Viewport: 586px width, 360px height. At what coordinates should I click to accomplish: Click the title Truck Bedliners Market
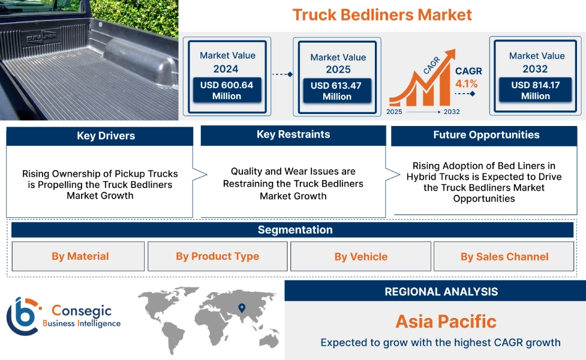(382, 15)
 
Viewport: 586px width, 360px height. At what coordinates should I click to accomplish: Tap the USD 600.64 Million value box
(227, 91)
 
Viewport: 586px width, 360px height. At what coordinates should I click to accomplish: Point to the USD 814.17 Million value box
(535, 91)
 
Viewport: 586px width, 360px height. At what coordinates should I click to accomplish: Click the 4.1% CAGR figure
(467, 84)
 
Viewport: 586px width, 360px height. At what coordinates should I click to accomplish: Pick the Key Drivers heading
(100, 136)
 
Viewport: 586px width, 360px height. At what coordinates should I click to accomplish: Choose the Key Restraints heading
(293, 135)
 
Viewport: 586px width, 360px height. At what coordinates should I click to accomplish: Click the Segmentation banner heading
(294, 230)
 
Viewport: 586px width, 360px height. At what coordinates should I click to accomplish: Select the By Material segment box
(80, 256)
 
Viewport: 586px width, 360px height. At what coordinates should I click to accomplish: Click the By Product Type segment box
(217, 256)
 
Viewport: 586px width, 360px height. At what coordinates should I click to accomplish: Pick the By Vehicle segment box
(360, 257)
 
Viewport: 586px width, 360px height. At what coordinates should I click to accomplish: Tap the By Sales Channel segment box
(504, 257)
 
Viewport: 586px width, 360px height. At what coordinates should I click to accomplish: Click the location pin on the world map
(242, 308)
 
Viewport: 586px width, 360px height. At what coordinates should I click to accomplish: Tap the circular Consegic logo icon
(22, 316)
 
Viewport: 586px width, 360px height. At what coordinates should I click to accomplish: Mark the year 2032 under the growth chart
(452, 112)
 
